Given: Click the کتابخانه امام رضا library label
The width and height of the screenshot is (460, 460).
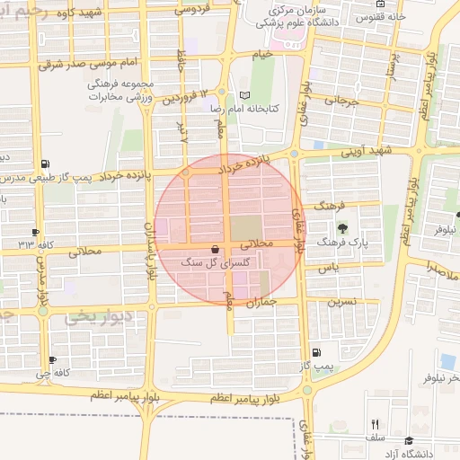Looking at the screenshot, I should pos(244,108).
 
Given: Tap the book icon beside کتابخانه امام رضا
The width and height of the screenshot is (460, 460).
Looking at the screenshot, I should pos(244,95).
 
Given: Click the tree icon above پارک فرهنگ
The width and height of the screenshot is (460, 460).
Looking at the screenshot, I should pos(341,228).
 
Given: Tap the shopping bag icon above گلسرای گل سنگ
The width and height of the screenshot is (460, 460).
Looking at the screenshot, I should pos(214,249).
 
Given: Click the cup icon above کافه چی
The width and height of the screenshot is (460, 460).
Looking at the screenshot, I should pos(53,359).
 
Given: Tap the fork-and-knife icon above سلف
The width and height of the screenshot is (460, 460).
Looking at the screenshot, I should pos(376,424).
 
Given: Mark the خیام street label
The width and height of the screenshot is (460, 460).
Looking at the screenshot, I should pos(261,55).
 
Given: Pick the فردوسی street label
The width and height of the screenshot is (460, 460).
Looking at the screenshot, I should pos(190,11).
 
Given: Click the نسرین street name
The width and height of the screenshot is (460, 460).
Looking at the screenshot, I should pos(342,301).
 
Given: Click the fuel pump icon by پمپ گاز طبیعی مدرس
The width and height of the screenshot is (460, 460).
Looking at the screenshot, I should pos(45,164).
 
